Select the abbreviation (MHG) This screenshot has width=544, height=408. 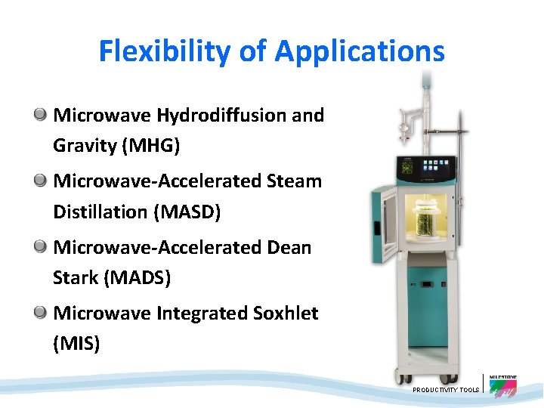click(x=150, y=146)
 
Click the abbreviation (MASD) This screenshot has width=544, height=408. click(x=187, y=212)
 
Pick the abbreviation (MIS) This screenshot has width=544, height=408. click(x=76, y=343)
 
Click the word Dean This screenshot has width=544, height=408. click(x=289, y=247)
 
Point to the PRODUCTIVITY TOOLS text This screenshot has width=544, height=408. click(x=446, y=390)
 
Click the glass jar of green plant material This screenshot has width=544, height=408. click(x=425, y=219)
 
